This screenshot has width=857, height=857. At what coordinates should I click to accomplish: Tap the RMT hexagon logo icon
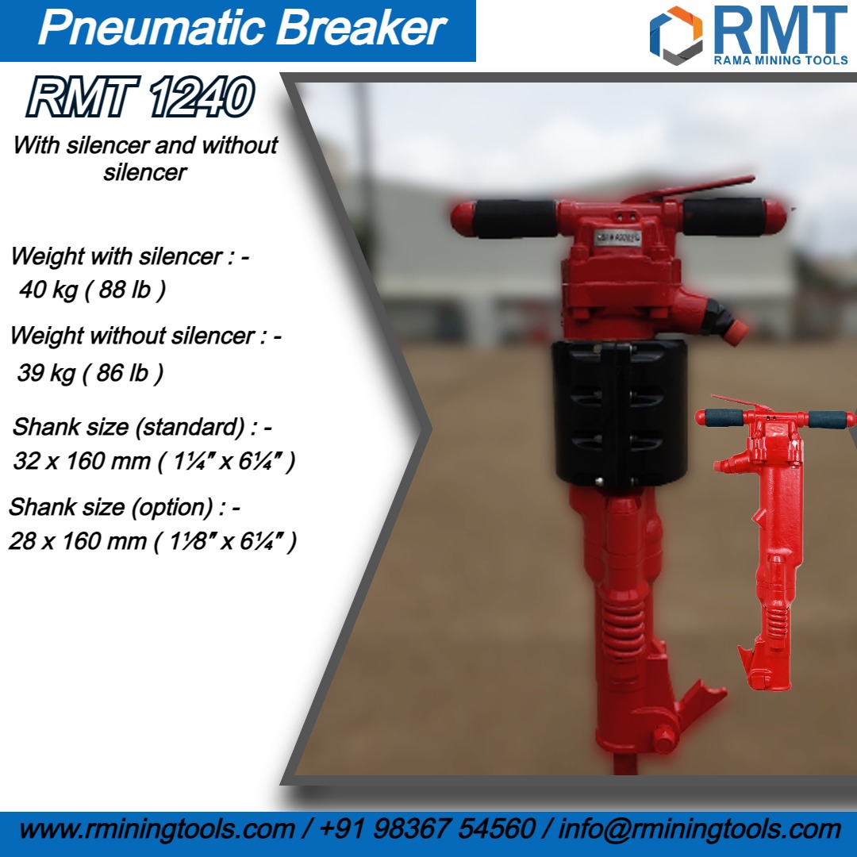point(676,33)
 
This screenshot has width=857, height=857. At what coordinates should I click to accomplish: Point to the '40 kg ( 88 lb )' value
point(92,290)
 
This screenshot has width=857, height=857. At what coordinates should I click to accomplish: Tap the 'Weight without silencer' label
point(145,336)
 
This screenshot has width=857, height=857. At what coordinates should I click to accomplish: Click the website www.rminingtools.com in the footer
point(156,830)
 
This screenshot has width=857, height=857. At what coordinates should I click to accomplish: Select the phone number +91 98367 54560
point(427,830)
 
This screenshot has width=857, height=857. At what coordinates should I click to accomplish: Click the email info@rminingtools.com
point(699,830)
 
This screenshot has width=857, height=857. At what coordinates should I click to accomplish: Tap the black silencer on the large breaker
point(619,413)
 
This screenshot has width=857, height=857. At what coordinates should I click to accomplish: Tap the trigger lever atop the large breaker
point(690,189)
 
